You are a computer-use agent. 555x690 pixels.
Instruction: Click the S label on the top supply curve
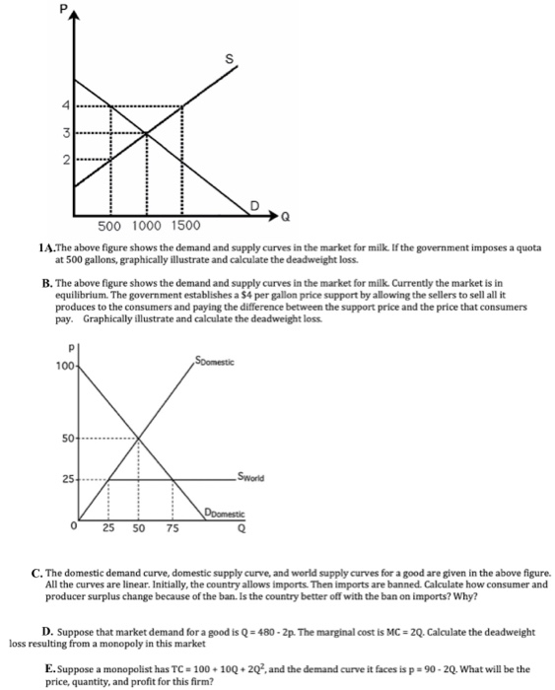tap(230, 59)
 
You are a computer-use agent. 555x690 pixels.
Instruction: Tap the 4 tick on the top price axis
tap(67, 105)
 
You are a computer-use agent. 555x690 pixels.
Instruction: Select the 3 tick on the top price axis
tap(67, 133)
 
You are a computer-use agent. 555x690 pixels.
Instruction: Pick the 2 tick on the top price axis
tap(67, 160)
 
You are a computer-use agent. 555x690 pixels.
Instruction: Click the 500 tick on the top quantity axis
tap(110, 226)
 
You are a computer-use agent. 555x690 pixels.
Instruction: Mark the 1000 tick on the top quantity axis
tap(146, 226)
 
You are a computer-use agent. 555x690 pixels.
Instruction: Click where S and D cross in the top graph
tap(146, 133)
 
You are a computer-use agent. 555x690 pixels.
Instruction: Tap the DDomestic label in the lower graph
tap(225, 514)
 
